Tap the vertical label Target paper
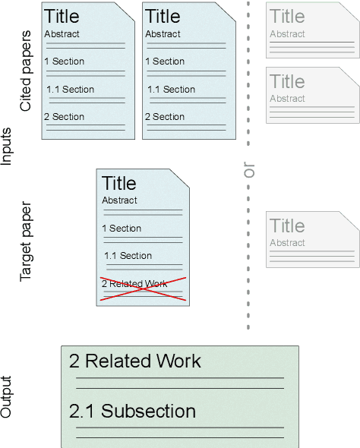27,241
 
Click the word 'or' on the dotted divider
248,172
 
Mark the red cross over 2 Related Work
143,290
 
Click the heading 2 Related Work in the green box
135,361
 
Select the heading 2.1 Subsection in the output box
132,412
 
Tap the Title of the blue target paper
119,183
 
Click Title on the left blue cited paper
62,16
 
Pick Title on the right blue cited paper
163,16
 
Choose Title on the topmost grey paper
287,16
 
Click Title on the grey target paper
287,226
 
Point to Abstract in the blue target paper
120,200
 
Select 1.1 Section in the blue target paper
128,256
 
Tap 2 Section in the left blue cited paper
64,117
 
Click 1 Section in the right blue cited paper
165,62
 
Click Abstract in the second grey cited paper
287,99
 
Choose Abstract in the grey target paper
287,243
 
